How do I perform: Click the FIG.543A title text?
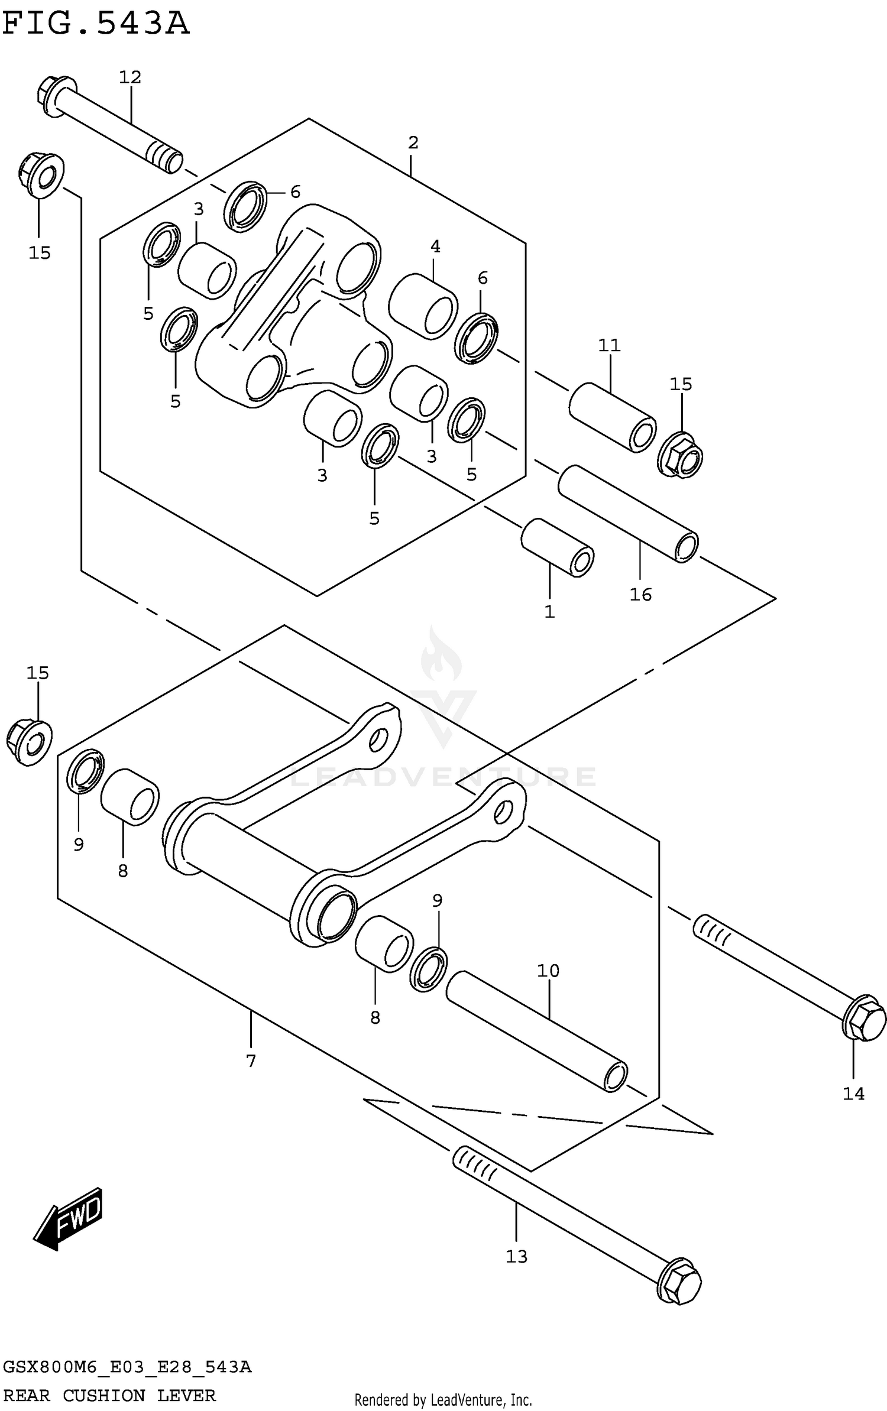pos(96,24)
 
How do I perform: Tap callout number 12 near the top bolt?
pos(130,77)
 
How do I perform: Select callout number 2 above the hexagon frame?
pos(413,142)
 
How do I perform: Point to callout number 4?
pos(435,246)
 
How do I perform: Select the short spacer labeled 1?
pos(556,547)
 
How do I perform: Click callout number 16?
pos(640,594)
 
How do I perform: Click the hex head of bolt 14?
pos(864,1018)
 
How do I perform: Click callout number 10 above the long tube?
pos(548,970)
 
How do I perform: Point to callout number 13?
pos(516,1256)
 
